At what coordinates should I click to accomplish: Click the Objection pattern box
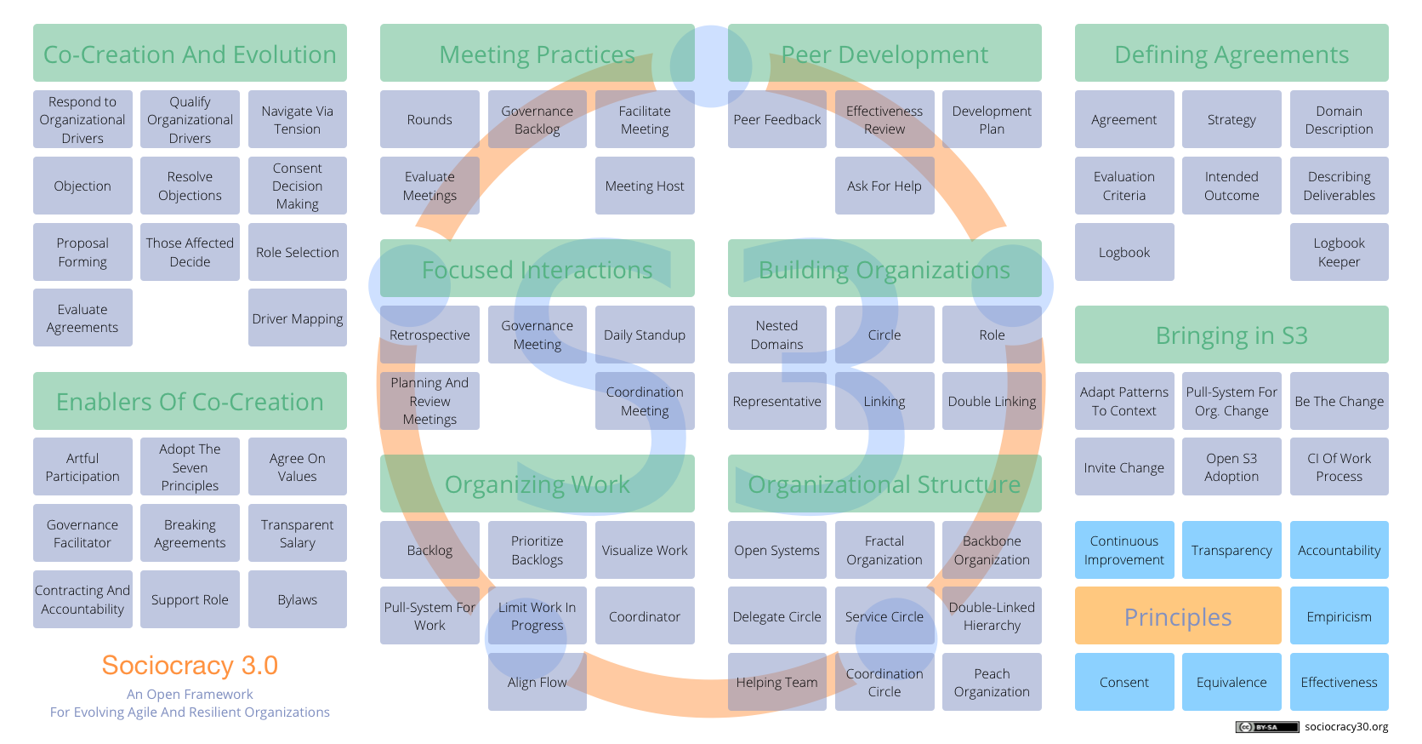click(82, 186)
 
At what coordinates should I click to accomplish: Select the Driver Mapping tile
click(297, 318)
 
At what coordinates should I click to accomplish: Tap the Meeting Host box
click(645, 186)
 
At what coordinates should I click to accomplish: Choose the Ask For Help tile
click(884, 186)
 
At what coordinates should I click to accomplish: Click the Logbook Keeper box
click(1339, 252)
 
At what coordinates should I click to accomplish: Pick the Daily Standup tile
click(645, 335)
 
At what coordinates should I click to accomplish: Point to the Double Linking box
click(992, 401)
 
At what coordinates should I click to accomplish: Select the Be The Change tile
click(1339, 401)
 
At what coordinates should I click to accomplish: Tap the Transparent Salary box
click(297, 534)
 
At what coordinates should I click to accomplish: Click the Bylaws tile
click(297, 599)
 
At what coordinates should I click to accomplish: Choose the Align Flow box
click(537, 682)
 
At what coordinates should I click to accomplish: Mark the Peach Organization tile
click(992, 682)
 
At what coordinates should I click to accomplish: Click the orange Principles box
click(1178, 616)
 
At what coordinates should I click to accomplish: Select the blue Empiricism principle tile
click(1339, 616)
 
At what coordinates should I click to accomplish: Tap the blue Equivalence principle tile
click(1231, 682)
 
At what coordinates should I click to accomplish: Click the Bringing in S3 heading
click(1231, 335)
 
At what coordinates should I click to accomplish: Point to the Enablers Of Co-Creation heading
click(190, 401)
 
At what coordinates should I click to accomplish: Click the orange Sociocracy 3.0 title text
click(190, 665)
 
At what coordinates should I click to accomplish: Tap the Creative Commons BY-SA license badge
click(1267, 727)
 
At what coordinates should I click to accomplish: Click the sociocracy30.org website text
click(1346, 727)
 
